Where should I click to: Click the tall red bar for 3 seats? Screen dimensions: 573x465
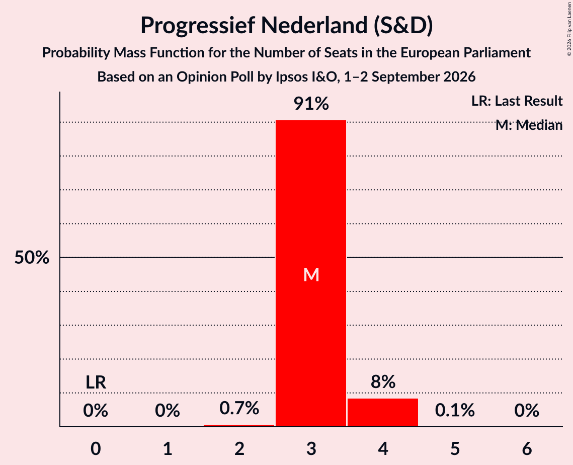310,273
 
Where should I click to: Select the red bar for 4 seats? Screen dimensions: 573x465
383,412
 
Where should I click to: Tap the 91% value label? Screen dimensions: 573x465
311,104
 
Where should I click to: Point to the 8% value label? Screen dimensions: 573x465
383,381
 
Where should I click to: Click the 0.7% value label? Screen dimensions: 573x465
239,408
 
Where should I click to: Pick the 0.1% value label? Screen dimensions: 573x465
455,410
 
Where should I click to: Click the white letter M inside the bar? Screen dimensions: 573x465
311,275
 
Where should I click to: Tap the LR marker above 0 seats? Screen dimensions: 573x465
96,382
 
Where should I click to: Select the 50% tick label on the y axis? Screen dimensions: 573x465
32,258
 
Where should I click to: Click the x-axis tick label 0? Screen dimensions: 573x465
96,448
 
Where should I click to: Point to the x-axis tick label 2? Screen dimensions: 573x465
239,448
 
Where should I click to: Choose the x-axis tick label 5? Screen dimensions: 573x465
455,448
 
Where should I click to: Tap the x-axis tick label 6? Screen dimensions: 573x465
527,448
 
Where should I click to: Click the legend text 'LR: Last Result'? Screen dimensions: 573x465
517,101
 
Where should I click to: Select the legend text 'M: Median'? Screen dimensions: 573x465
529,125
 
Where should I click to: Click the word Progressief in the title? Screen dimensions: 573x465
198,26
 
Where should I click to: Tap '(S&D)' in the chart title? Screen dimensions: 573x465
403,26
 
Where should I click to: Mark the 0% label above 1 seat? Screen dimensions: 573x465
168,410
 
